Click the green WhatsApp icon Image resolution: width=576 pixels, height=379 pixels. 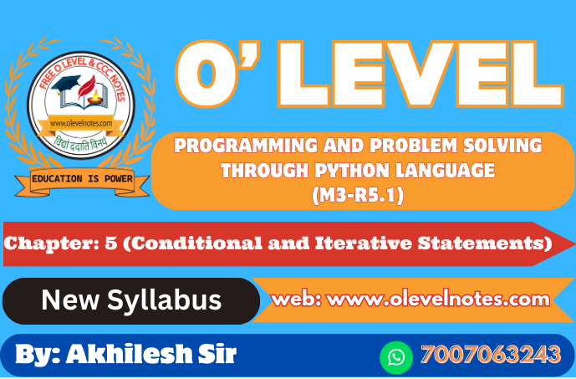(x=396, y=357)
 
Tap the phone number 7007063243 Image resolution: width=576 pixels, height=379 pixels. (x=491, y=355)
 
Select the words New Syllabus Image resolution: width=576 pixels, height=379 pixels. (x=131, y=300)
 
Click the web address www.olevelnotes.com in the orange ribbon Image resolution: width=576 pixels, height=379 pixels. (x=438, y=300)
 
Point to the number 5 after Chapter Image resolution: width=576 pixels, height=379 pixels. (x=111, y=243)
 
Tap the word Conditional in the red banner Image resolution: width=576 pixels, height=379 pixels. (x=196, y=243)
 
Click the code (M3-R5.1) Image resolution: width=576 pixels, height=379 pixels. (x=358, y=195)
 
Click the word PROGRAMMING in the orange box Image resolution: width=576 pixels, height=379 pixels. (x=246, y=146)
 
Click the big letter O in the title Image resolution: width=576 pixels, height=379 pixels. (x=208, y=74)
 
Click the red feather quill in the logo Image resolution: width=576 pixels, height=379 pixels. (x=87, y=87)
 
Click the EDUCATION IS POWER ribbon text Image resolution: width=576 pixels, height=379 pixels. (x=82, y=179)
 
